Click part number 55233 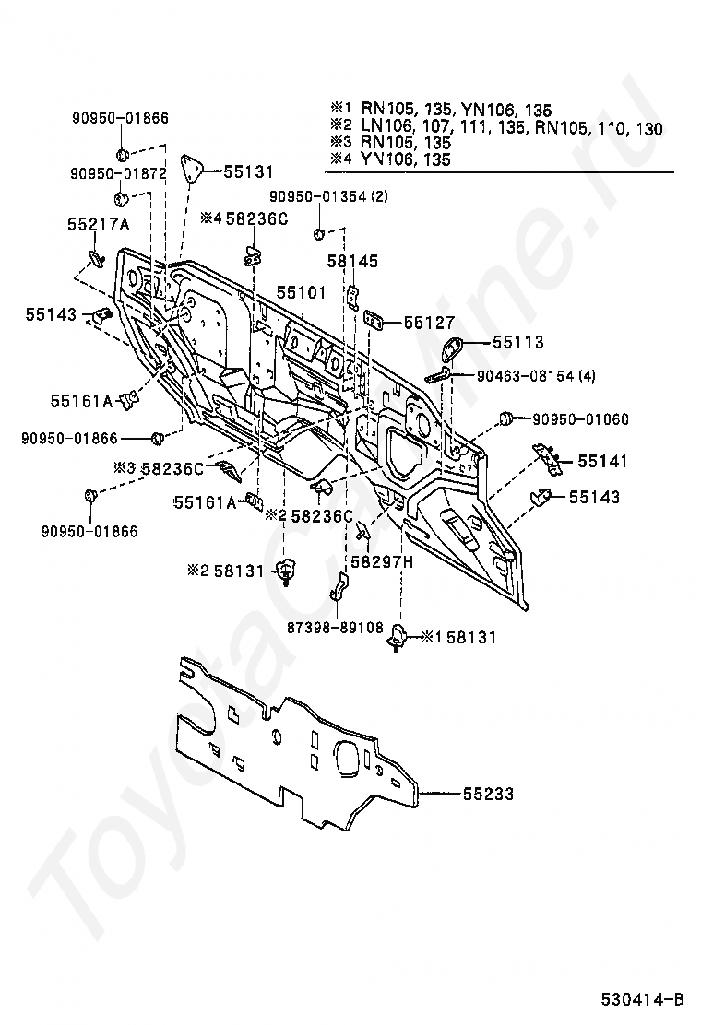tap(488, 793)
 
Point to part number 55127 tap(429, 323)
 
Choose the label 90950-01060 tap(580, 419)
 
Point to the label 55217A tap(98, 224)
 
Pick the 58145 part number tap(352, 262)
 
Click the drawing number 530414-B tap(643, 998)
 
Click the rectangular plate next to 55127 tap(375, 320)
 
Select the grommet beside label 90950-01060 tap(505, 420)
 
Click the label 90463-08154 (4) tap(537, 376)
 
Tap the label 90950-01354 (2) tap(328, 196)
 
